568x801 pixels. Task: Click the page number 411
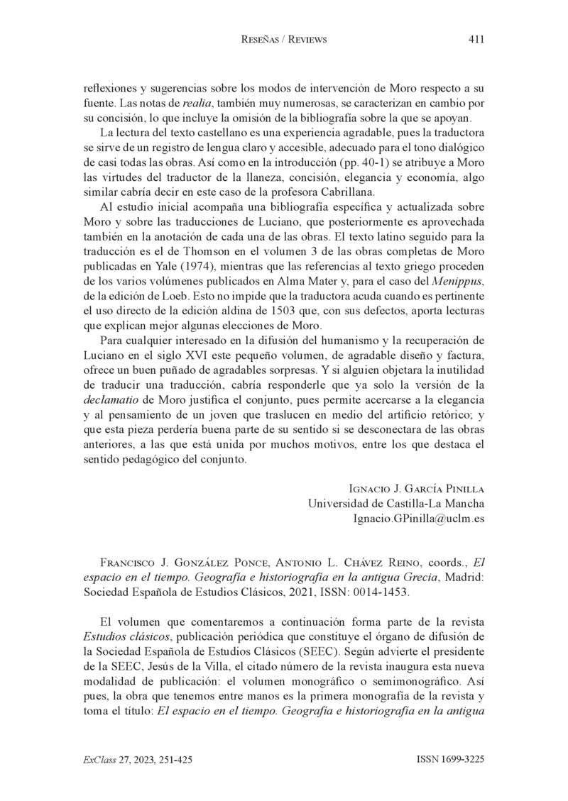coord(476,40)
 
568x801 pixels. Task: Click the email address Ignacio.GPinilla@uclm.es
coord(419,519)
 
